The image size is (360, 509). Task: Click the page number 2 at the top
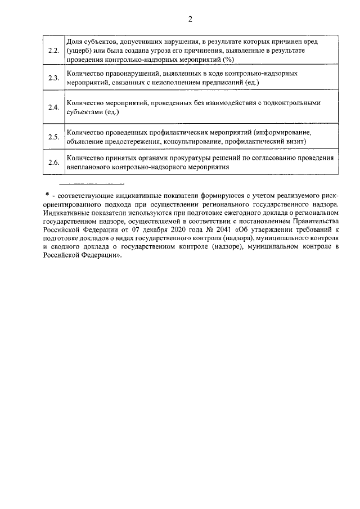pos(190,19)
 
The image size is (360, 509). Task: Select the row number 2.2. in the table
pos(54,51)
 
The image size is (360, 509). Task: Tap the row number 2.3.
pos(54,78)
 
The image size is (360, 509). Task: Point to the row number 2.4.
pos(54,107)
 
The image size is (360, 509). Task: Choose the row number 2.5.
pos(54,137)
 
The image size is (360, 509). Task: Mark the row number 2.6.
pos(54,163)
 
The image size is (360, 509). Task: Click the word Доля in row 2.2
pos(75,42)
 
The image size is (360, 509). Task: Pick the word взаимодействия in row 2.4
pos(217,103)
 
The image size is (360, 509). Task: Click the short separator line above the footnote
pos(92,184)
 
